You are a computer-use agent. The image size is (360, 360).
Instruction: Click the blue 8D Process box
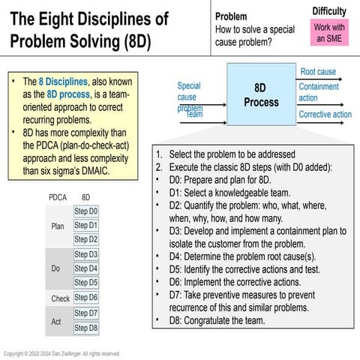pos(262,95)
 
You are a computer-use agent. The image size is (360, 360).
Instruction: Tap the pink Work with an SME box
pos(329,32)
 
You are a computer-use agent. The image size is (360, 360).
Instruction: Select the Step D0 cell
pos(85,211)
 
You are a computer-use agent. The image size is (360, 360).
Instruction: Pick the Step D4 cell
pos(85,268)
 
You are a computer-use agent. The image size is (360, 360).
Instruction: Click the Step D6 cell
pos(85,298)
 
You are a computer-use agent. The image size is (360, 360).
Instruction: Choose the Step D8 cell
pos(85,328)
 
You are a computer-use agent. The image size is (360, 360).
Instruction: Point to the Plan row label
pos(58,226)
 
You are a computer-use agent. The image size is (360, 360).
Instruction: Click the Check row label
pos(59,298)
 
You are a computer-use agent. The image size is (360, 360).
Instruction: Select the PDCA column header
pos(58,197)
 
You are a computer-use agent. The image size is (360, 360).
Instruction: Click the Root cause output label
pos(318,71)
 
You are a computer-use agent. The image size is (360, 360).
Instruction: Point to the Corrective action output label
pos(325,115)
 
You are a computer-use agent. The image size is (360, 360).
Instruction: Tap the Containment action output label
pos(319,92)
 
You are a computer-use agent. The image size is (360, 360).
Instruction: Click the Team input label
pos(195,114)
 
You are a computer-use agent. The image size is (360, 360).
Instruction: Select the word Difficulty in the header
pos(329,10)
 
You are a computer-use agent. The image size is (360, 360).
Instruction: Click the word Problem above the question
pos(232,16)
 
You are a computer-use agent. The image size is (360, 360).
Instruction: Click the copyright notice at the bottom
pos(62,353)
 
